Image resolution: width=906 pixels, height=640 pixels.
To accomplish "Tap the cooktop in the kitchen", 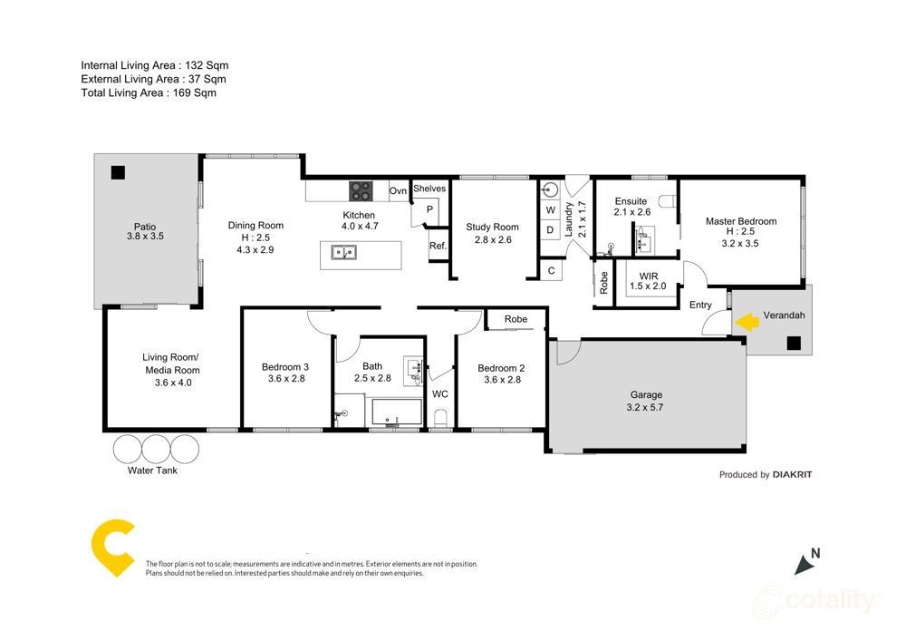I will click(361, 190).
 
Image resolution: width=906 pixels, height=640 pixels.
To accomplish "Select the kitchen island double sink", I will click(343, 253).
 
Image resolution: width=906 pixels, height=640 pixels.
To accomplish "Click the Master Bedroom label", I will click(741, 221).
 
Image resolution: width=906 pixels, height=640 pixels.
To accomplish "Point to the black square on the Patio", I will click(117, 172).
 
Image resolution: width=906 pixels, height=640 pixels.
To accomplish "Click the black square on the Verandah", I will click(794, 343).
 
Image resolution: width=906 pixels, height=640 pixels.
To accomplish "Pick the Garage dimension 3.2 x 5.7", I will click(647, 409).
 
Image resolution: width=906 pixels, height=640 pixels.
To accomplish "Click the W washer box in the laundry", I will click(550, 210).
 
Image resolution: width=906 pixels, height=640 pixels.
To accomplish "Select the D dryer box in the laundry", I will click(550, 230).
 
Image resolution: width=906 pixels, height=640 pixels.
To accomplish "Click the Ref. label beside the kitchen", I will click(438, 246).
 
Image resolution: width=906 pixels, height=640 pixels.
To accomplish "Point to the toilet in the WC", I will click(440, 416).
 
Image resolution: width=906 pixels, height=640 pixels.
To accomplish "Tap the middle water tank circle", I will click(156, 448).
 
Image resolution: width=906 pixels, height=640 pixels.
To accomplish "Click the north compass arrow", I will click(805, 564).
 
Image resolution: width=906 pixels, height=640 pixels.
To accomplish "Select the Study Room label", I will click(492, 228).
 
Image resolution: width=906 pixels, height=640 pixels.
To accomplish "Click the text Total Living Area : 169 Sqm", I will click(149, 92).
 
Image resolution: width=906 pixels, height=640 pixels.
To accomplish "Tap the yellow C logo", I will click(112, 549).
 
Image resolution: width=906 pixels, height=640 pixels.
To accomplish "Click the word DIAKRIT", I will click(793, 474).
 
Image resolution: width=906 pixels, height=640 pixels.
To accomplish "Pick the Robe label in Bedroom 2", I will click(516, 319).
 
